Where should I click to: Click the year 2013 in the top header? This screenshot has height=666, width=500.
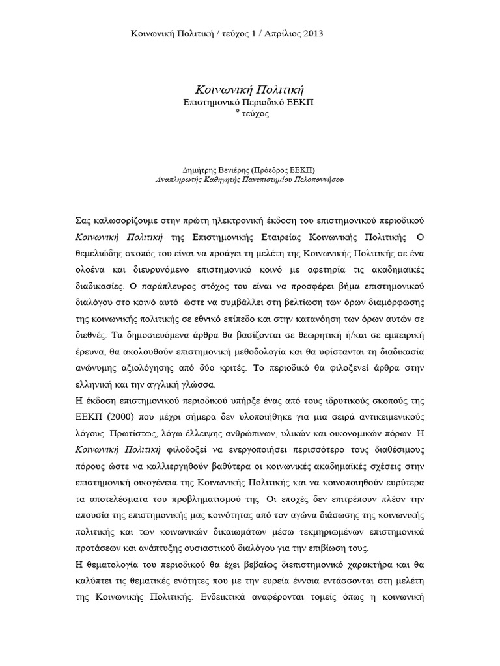click(311, 33)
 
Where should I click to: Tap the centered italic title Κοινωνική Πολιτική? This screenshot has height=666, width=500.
click(251, 88)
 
